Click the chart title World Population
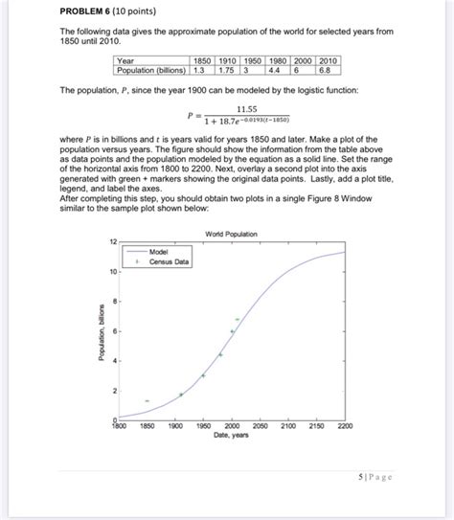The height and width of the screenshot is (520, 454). pyautogui.click(x=230, y=235)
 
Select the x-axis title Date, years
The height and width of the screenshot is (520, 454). pyautogui.click(x=230, y=436)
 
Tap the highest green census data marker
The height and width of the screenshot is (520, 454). pyautogui.click(x=237, y=319)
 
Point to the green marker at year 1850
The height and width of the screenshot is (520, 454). pyautogui.click(x=147, y=400)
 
